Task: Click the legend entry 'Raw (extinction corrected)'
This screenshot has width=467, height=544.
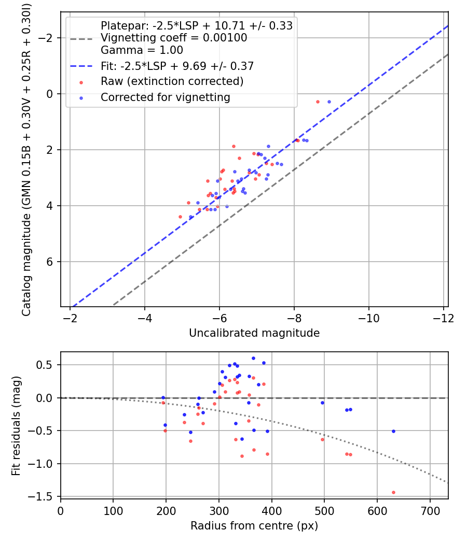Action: [172, 81]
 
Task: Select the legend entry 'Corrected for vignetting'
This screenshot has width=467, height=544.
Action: [165, 97]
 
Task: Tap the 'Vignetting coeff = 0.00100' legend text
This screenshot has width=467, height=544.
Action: [174, 38]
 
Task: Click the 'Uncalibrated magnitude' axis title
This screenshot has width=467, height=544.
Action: [254, 333]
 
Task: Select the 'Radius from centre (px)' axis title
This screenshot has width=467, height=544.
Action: [254, 526]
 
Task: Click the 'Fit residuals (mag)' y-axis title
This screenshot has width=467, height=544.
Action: [16, 425]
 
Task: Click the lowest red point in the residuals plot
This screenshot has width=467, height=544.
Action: [393, 492]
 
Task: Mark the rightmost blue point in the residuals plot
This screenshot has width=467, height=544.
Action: [393, 431]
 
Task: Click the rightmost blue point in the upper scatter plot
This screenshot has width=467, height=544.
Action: [329, 102]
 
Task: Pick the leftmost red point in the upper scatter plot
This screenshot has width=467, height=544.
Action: [180, 217]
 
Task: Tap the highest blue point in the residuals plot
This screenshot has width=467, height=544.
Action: [253, 358]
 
